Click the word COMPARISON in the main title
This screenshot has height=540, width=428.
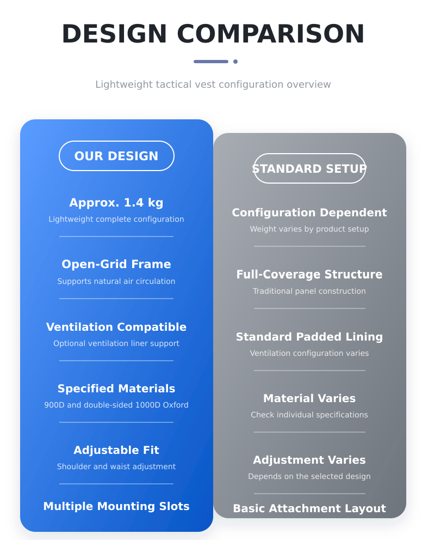[x=270, y=34]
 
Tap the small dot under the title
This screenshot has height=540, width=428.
[x=235, y=62]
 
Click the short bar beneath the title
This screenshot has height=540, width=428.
[x=211, y=62]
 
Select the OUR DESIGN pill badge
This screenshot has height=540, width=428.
[x=116, y=156]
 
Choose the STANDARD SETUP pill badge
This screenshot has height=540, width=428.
[x=309, y=168]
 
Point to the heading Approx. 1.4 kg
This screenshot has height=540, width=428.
[x=116, y=203]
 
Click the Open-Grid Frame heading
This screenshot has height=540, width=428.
[x=116, y=264]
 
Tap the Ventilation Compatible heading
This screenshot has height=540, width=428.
[x=116, y=327]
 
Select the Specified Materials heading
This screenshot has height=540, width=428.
[x=116, y=389]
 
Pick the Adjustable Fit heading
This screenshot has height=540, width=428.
[x=116, y=450]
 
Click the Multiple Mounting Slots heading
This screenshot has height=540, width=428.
[x=116, y=506]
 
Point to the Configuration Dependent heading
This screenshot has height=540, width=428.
[x=309, y=213]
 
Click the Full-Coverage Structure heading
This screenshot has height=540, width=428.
[x=309, y=274]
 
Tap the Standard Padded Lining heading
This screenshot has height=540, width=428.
[x=309, y=336]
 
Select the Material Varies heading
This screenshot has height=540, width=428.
[x=309, y=398]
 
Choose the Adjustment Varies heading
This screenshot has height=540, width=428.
[x=309, y=460]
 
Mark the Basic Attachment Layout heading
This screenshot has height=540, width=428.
[x=309, y=508]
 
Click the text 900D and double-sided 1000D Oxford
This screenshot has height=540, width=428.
[x=116, y=405]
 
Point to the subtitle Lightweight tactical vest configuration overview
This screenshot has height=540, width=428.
[x=213, y=84]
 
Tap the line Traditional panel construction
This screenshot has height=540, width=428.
[x=309, y=291]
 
